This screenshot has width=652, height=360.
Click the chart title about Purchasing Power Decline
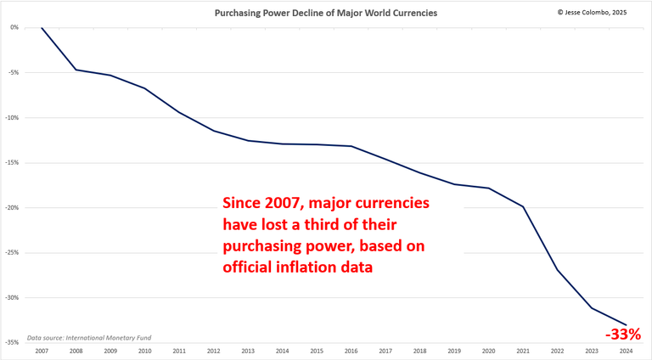(x=326, y=14)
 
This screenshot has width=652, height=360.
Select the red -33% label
(x=624, y=335)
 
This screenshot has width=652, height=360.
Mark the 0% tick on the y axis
(x=14, y=27)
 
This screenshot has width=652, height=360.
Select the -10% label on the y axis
(x=13, y=117)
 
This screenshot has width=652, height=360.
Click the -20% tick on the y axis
(x=13, y=207)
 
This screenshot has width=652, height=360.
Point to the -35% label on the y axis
(x=13, y=342)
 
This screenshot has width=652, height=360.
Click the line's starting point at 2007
(x=42, y=27)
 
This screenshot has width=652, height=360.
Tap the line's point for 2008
(x=76, y=70)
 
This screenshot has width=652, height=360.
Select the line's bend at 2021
(x=524, y=206)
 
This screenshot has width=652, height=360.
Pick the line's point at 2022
(x=558, y=270)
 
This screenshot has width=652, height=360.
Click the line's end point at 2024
(x=627, y=324)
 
